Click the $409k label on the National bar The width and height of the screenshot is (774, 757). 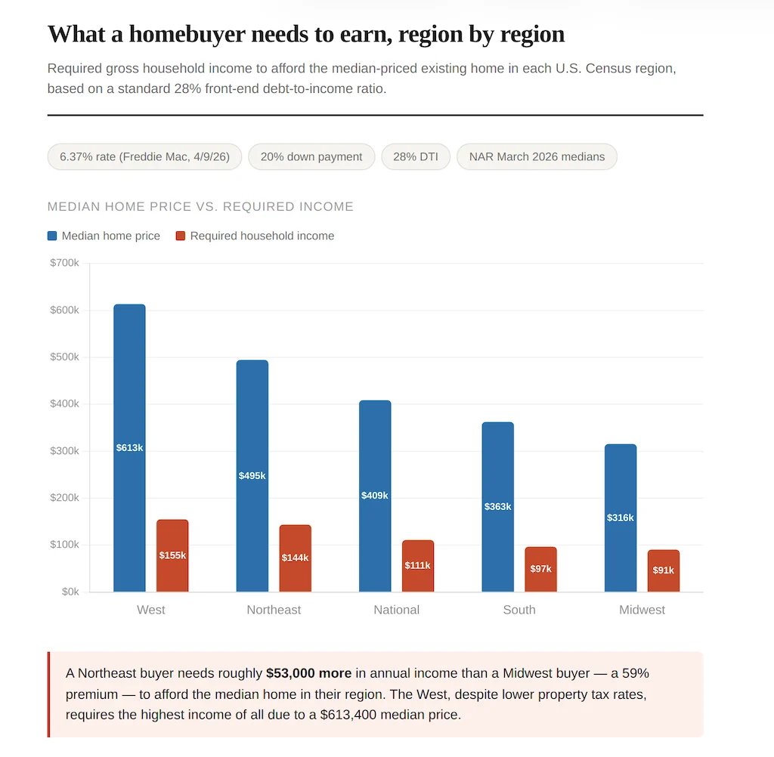point(375,496)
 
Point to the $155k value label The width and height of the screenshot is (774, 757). point(172,555)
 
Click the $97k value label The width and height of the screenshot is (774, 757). point(540,569)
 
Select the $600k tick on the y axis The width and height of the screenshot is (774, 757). point(64,310)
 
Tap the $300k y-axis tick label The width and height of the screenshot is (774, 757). point(64,451)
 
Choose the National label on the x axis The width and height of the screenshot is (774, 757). point(396,610)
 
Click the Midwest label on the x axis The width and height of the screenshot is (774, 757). point(642,610)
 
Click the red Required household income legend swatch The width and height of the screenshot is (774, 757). point(181,236)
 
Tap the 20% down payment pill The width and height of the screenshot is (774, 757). point(311,157)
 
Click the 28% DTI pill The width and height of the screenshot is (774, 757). point(415,157)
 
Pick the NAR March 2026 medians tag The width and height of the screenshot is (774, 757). point(537,157)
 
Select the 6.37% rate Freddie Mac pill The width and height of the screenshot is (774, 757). point(144,157)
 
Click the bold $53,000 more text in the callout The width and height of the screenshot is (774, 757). point(308,673)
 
